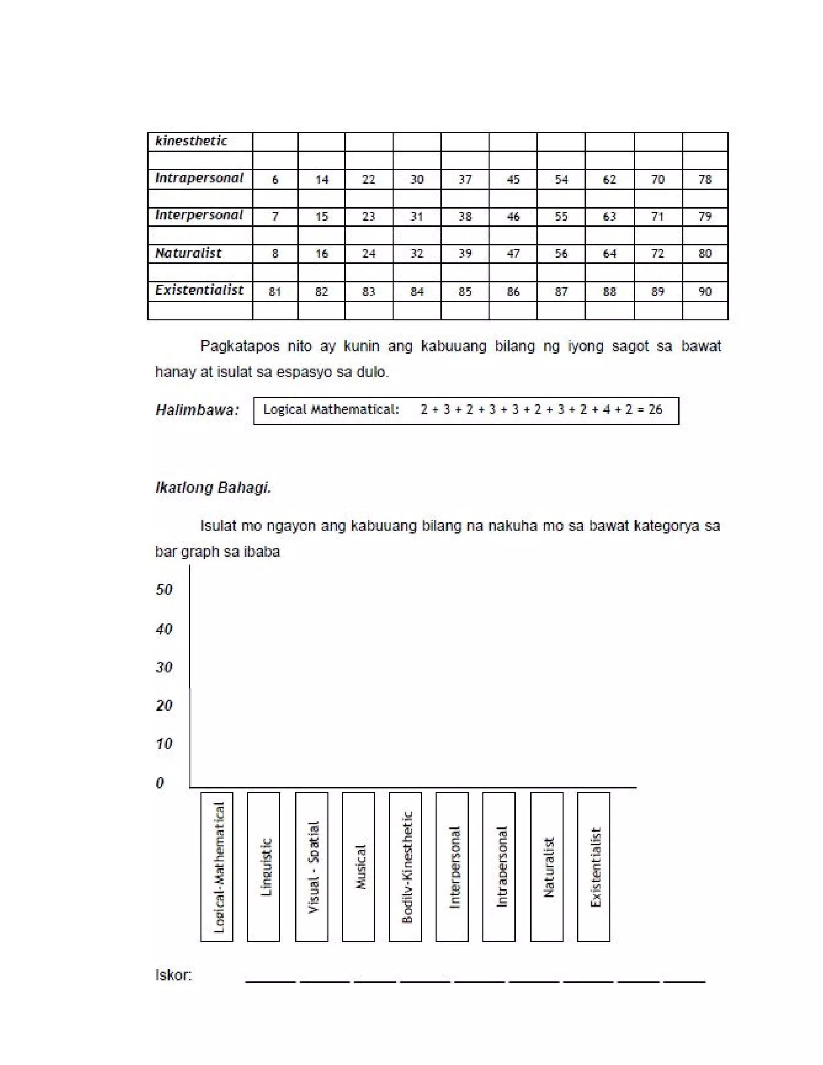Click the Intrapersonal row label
pos(199,178)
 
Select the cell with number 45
pos(513,180)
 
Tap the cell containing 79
pos(704,217)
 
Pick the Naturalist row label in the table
pos(188,253)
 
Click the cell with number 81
pos(275,292)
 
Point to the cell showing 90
pos(704,292)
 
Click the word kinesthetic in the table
pos(191,141)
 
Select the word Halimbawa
pos(197,410)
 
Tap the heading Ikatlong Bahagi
pos(213,487)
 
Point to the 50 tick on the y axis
pos(164,590)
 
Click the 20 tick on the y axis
pos(164,705)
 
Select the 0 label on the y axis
pos(160,782)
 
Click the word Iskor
pos(174,975)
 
